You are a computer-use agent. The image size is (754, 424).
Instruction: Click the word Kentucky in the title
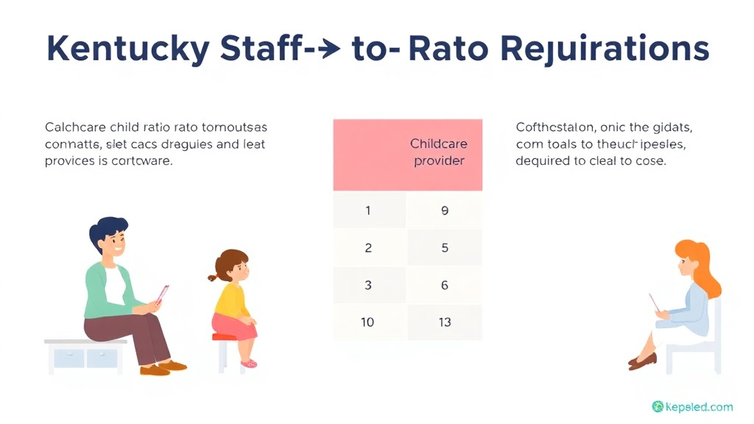126,49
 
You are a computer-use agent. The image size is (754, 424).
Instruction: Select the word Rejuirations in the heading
604,50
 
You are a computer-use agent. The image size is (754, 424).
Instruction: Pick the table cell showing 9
444,211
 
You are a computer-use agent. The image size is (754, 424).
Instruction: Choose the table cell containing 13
444,322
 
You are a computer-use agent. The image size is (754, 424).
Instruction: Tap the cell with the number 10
368,322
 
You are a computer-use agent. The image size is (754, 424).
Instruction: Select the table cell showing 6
444,285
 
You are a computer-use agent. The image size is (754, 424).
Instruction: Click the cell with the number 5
444,248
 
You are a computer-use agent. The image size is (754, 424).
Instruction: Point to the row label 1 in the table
368,211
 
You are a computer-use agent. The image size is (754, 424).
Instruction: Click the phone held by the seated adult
163,294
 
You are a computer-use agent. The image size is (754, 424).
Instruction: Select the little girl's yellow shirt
230,298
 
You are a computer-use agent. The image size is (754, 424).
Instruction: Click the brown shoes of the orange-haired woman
644,361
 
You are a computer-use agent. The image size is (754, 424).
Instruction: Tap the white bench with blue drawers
84,355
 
